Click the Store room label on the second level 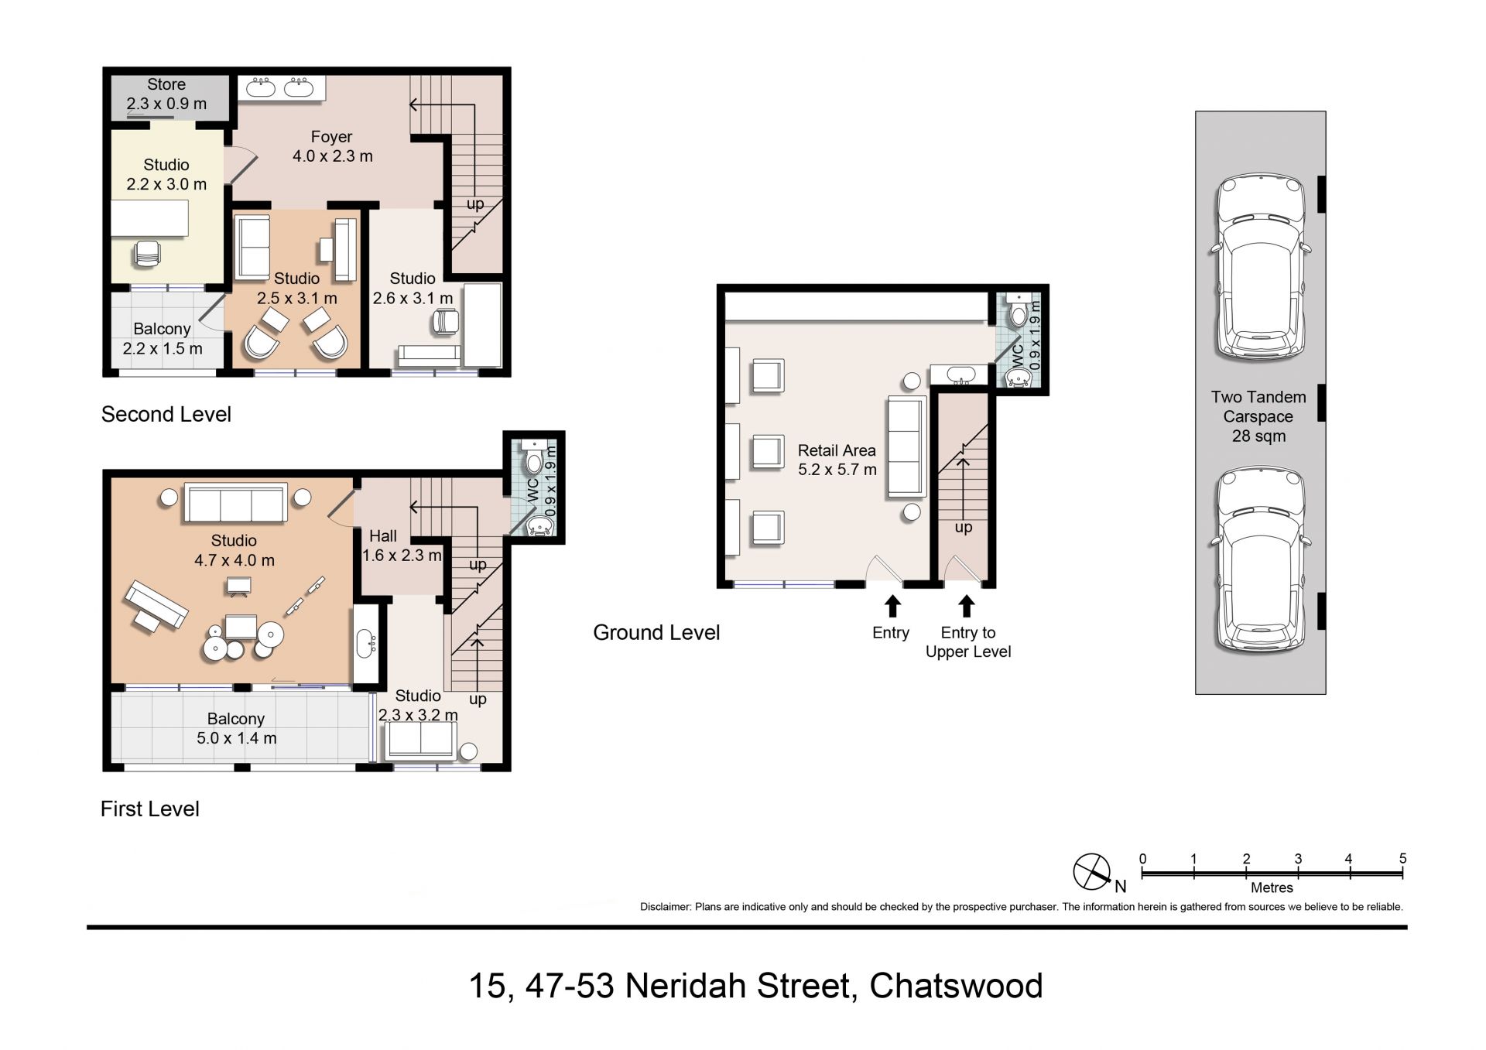pyautogui.click(x=166, y=94)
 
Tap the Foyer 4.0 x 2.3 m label pyautogui.click(x=332, y=146)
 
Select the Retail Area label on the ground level pyautogui.click(x=837, y=460)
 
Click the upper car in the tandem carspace pyautogui.click(x=1259, y=268)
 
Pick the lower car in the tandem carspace pyautogui.click(x=1259, y=560)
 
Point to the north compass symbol pyautogui.click(x=1092, y=872)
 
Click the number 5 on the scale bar pyautogui.click(x=1402, y=858)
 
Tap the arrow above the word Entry pyautogui.click(x=892, y=606)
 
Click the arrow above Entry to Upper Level pyautogui.click(x=966, y=606)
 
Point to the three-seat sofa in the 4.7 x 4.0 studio pyautogui.click(x=235, y=504)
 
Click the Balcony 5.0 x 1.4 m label pyautogui.click(x=236, y=728)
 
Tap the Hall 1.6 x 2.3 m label pyautogui.click(x=402, y=546)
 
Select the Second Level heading pyautogui.click(x=166, y=415)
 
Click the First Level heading pyautogui.click(x=150, y=809)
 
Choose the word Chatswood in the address pyautogui.click(x=957, y=987)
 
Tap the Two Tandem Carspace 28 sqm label pyautogui.click(x=1258, y=416)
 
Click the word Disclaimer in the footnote pyautogui.click(x=665, y=907)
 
